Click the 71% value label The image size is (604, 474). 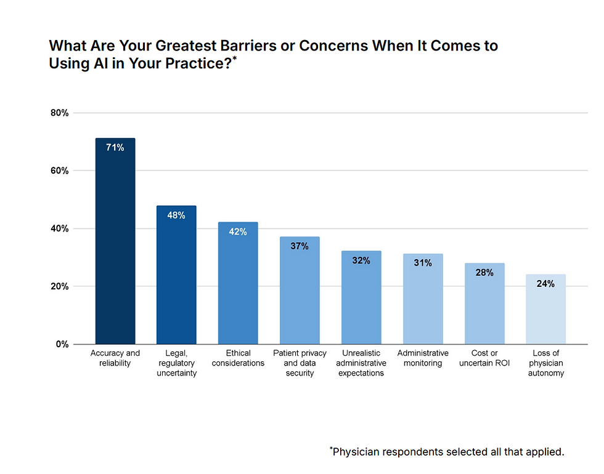pos(115,148)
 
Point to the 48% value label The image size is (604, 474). pos(176,215)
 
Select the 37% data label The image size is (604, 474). pos(300,246)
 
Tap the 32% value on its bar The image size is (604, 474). pos(361,260)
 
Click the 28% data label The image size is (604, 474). pos(484,273)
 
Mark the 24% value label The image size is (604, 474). pos(545,284)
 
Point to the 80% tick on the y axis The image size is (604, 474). pos(59,113)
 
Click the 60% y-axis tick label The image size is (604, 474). pos(59,171)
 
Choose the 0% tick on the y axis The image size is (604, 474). pos(61,345)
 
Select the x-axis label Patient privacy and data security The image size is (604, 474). pos(300,363)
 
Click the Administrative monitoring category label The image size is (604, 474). pos(423,358)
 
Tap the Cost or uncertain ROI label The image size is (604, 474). pos(484,358)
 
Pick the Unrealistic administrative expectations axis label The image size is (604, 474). pos(361,363)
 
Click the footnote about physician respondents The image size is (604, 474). pos(447,452)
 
